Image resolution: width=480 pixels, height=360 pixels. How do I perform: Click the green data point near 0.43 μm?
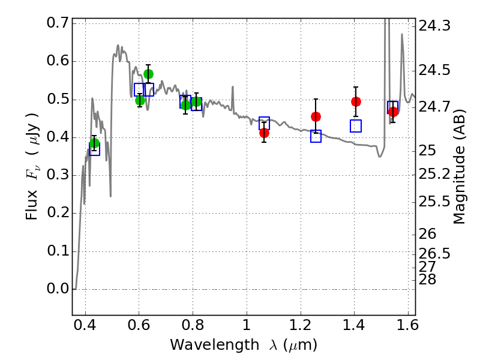[x=95, y=143]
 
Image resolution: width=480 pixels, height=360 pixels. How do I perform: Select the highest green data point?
[x=148, y=74]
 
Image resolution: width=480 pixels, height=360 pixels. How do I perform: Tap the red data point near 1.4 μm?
[x=356, y=101]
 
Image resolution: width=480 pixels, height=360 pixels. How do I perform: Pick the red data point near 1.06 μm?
[x=264, y=133]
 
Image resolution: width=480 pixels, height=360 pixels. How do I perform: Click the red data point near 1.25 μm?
[x=316, y=116]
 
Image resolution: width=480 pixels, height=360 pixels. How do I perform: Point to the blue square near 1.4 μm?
[x=356, y=126]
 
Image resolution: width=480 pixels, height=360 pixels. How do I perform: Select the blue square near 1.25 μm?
[x=316, y=136]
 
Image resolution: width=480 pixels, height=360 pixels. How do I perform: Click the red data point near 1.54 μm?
[x=394, y=112]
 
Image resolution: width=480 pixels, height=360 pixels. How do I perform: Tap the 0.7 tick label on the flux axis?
[x=58, y=23]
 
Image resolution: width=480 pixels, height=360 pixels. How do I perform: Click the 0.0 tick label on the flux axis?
[x=58, y=289]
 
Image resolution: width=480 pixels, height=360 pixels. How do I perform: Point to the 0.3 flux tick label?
[x=58, y=175]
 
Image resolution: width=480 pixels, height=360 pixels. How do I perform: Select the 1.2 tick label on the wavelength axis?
[x=301, y=325]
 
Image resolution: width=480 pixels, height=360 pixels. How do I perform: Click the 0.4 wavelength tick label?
[x=85, y=325]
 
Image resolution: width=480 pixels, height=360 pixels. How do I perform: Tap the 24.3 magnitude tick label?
[x=434, y=25]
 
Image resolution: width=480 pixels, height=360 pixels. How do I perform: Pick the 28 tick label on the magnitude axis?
[x=427, y=280]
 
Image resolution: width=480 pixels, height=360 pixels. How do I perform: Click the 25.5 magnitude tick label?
[x=434, y=202]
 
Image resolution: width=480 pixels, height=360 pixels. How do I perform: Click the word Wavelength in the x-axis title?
[x=215, y=345]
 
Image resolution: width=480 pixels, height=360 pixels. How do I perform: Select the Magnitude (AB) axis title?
[x=458, y=167]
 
